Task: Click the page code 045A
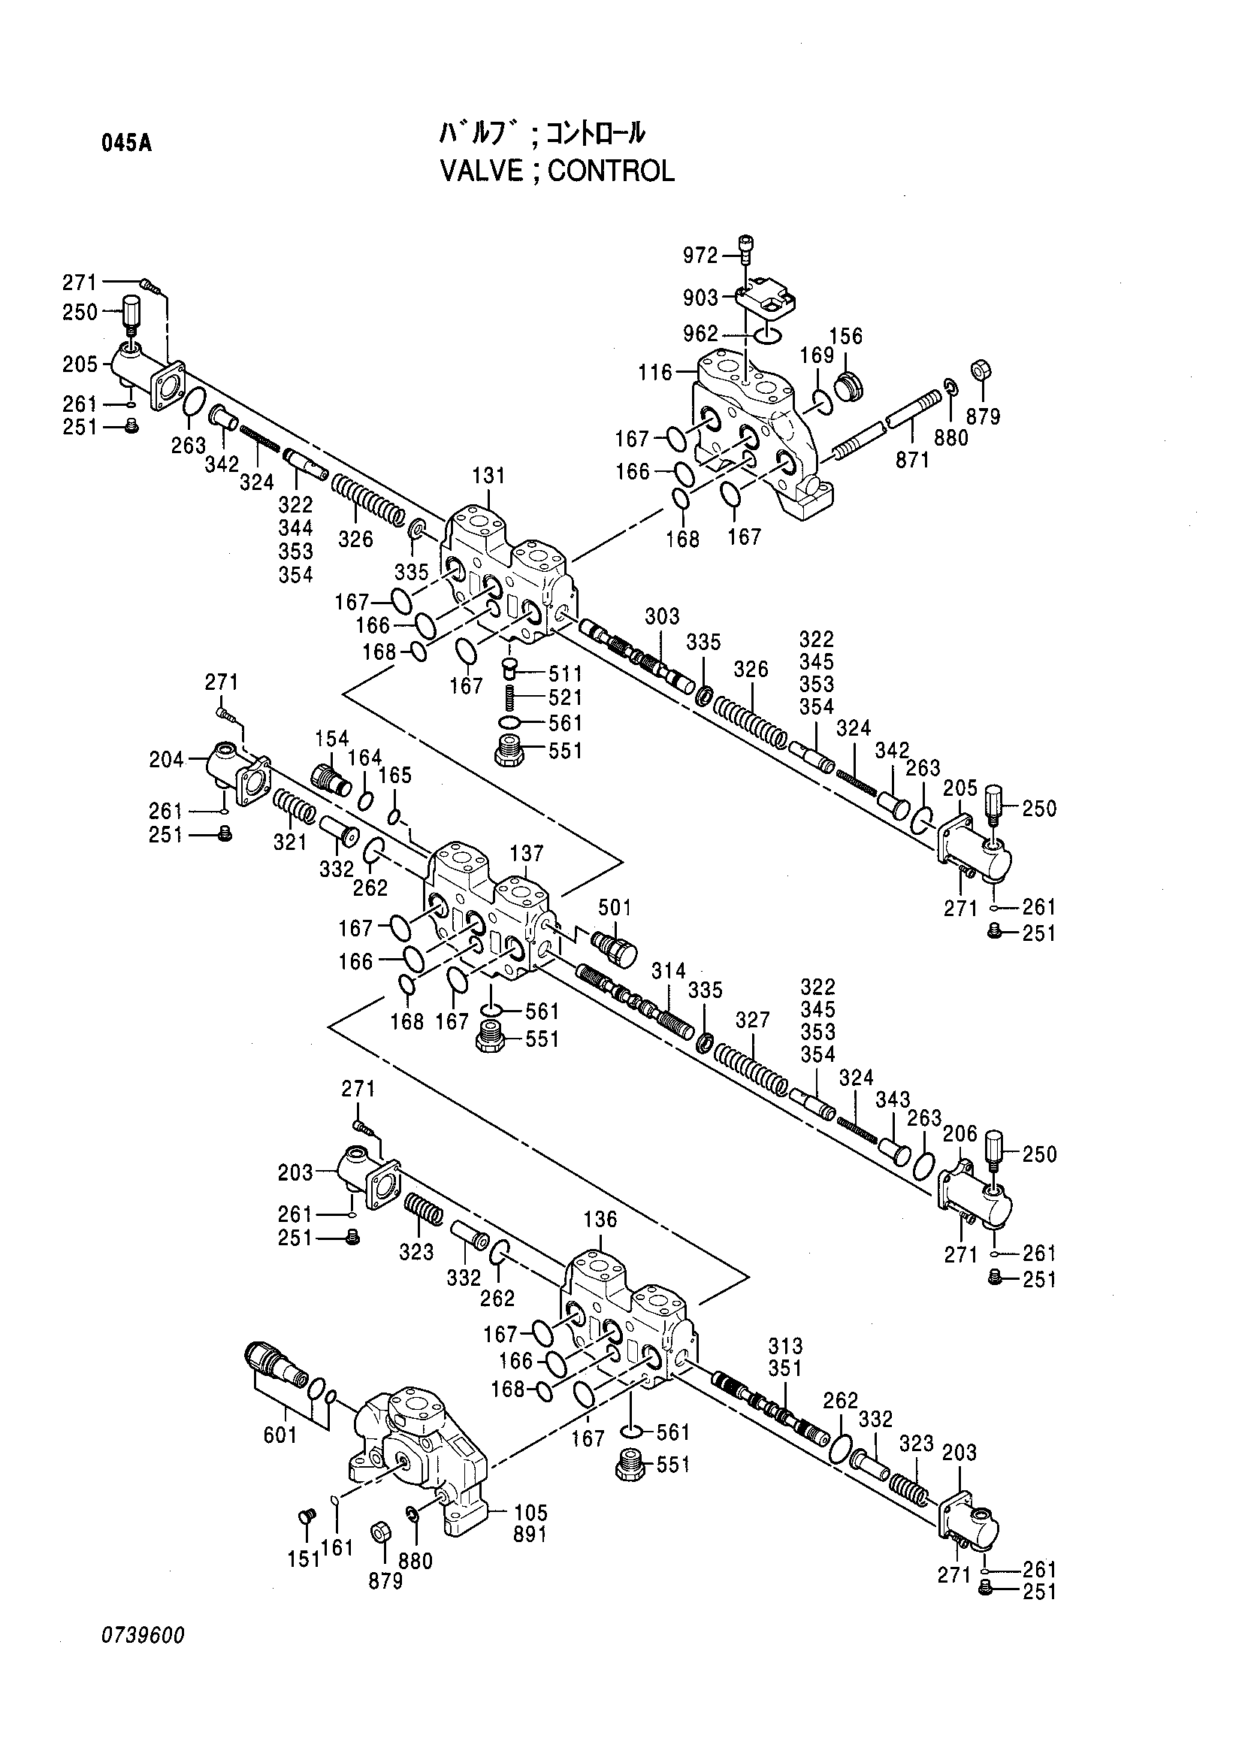(126, 143)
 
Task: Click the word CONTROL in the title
(611, 171)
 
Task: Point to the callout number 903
(701, 298)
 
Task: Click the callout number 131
(488, 475)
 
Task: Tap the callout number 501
(614, 908)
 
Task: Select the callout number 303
(662, 616)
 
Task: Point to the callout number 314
(669, 971)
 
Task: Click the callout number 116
(655, 373)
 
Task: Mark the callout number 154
(331, 739)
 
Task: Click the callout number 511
(565, 674)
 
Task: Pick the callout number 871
(912, 459)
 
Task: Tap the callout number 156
(845, 336)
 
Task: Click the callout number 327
(752, 1020)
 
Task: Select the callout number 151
(304, 1559)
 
